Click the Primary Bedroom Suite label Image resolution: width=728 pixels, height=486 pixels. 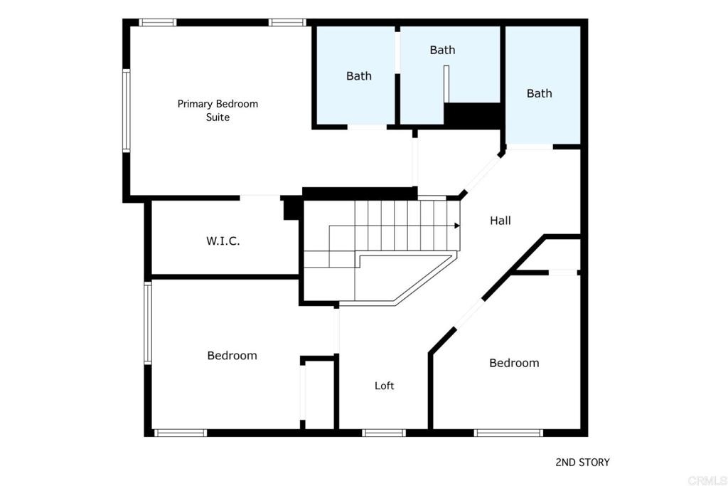218,110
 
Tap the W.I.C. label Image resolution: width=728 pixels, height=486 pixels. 223,241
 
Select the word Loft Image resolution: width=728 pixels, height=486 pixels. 385,385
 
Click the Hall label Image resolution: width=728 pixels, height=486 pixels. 500,221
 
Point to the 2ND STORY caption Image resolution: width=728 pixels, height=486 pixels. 582,462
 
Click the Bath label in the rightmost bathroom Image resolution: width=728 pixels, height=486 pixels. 539,93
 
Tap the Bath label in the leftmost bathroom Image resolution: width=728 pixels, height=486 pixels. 359,75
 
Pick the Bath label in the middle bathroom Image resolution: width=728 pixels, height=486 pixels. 442,50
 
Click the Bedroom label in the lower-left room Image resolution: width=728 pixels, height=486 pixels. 232,356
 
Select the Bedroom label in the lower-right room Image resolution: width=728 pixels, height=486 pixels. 514,363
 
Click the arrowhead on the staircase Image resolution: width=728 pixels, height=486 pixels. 457,226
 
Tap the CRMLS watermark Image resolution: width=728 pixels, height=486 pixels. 707,480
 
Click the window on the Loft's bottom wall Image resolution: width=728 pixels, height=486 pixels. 384,433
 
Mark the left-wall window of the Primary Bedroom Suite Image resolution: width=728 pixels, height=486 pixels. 126,110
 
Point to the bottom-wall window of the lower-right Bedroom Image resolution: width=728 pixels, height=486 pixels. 508,433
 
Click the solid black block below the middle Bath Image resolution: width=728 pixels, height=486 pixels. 472,115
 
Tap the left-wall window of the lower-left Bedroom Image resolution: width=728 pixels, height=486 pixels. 148,322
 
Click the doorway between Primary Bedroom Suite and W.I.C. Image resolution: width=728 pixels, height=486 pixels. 260,199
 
